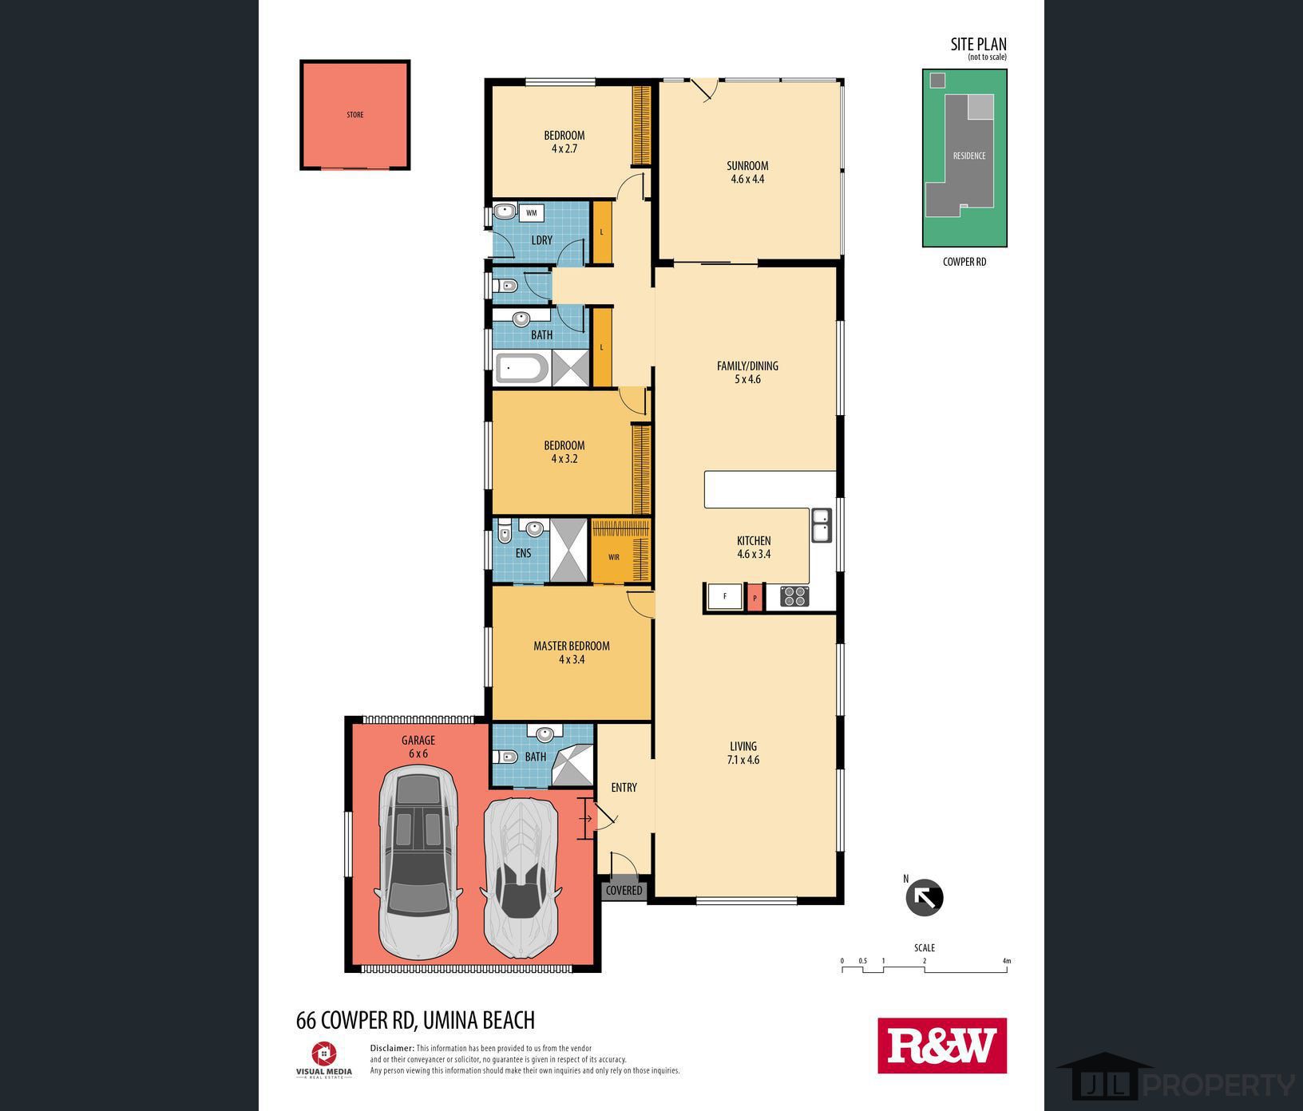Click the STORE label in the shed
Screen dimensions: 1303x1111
[x=355, y=115]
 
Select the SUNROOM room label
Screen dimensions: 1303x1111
[x=747, y=166]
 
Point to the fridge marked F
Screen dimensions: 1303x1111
[x=725, y=596]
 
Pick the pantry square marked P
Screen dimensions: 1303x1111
[x=754, y=597]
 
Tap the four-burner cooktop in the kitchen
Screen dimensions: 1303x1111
[x=794, y=596]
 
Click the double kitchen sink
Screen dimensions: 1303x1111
[x=822, y=526]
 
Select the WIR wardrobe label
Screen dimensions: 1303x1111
[x=614, y=557]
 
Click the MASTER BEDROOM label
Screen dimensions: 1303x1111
[x=572, y=646]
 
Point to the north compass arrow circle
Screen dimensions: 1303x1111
[x=925, y=898]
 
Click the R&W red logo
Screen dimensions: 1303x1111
[x=942, y=1046]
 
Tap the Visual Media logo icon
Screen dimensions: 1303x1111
[x=324, y=1054]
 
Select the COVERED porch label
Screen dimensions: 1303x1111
[x=624, y=891]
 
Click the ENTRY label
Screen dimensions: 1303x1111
[x=624, y=788]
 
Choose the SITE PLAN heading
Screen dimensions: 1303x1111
[x=978, y=45]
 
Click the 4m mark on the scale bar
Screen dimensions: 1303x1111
[x=1006, y=961]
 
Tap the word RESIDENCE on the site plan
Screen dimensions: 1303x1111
[x=969, y=156]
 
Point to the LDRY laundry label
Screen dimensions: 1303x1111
[x=541, y=240]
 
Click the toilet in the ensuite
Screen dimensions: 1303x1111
[x=504, y=532]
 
